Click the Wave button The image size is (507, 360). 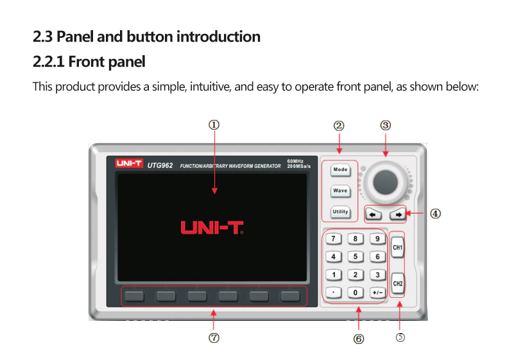coord(340,191)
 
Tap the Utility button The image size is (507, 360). coord(340,211)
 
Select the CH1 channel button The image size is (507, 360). coord(397,247)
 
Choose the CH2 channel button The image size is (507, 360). coord(398,283)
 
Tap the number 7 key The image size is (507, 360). coord(332,239)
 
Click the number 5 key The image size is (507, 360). coord(355,257)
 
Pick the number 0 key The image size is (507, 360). coord(355,293)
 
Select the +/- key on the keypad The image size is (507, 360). coord(377,293)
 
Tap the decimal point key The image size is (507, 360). coord(332,293)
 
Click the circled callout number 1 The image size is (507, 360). coord(214,125)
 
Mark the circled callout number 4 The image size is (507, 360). coord(435,214)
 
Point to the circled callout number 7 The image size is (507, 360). coord(214,338)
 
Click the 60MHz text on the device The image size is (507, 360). coord(295,160)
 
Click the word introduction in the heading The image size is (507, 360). coord(219,37)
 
